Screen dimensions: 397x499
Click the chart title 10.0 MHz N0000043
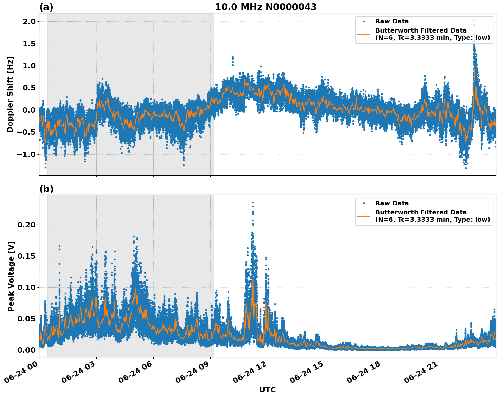[266, 7]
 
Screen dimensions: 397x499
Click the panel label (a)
[46, 7]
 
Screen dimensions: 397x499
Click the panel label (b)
[46, 189]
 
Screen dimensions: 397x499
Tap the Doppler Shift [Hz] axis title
[10, 94]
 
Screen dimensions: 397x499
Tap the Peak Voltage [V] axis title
[11, 276]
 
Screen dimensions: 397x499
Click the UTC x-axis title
[267, 390]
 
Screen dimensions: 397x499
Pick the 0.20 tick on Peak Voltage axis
[26, 225]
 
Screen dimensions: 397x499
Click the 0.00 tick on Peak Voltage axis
[26, 350]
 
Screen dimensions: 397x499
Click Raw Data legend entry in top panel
[392, 21]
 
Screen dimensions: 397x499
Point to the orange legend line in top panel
[364, 34]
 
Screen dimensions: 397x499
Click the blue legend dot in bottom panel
[364, 203]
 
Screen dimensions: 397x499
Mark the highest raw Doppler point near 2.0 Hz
[474, 20]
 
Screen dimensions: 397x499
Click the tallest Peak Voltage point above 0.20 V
[253, 203]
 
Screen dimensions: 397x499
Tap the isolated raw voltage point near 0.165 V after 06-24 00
[59, 246]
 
